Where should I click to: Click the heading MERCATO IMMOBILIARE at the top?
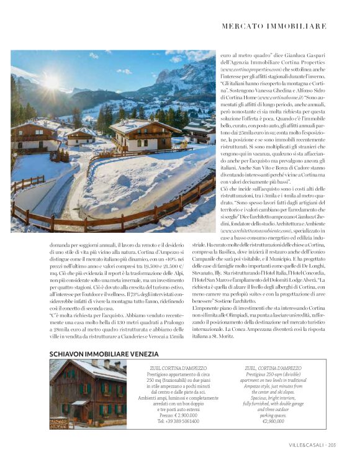pos(273,26)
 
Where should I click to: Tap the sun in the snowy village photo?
pos(50,81)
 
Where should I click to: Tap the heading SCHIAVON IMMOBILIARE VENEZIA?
pos(104,353)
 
